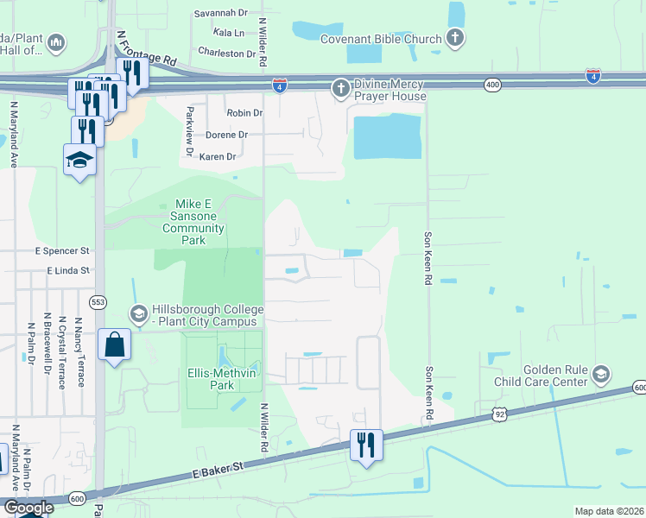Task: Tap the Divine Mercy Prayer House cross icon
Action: (341, 88)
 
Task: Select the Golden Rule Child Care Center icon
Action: (601, 375)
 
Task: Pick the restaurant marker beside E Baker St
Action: (365, 445)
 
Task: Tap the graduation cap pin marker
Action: (80, 160)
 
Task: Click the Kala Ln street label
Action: (228, 33)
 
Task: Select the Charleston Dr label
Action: (222, 53)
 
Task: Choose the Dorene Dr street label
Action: (226, 135)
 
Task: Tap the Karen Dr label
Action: (218, 157)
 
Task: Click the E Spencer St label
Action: (62, 250)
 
